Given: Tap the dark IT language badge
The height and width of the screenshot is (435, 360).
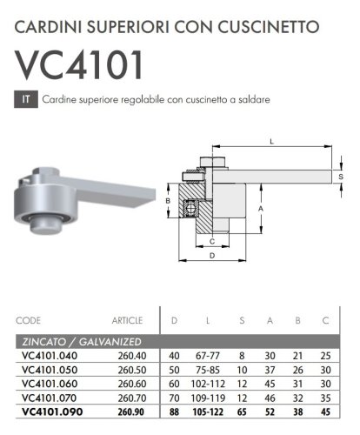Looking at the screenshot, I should [26, 99].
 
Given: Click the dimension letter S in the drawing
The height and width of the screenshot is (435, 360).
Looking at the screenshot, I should [341, 177].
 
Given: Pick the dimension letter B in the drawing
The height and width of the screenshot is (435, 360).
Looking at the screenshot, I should [168, 202].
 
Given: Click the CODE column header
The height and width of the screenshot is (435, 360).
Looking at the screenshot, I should [29, 320].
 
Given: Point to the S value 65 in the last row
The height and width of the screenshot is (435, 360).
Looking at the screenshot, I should [243, 412].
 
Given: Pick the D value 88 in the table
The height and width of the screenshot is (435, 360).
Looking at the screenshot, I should [175, 412].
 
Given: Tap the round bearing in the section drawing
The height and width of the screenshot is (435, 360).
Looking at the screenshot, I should [190, 210].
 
